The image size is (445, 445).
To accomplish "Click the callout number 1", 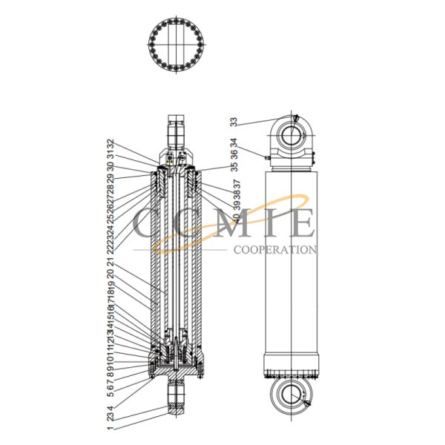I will [110, 427].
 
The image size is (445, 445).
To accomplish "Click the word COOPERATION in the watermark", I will [275, 251].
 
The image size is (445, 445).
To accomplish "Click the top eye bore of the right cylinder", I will [291, 135].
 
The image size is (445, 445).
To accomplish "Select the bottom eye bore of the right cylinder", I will [291, 398].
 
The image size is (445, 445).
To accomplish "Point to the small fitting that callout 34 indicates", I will [266, 156].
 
